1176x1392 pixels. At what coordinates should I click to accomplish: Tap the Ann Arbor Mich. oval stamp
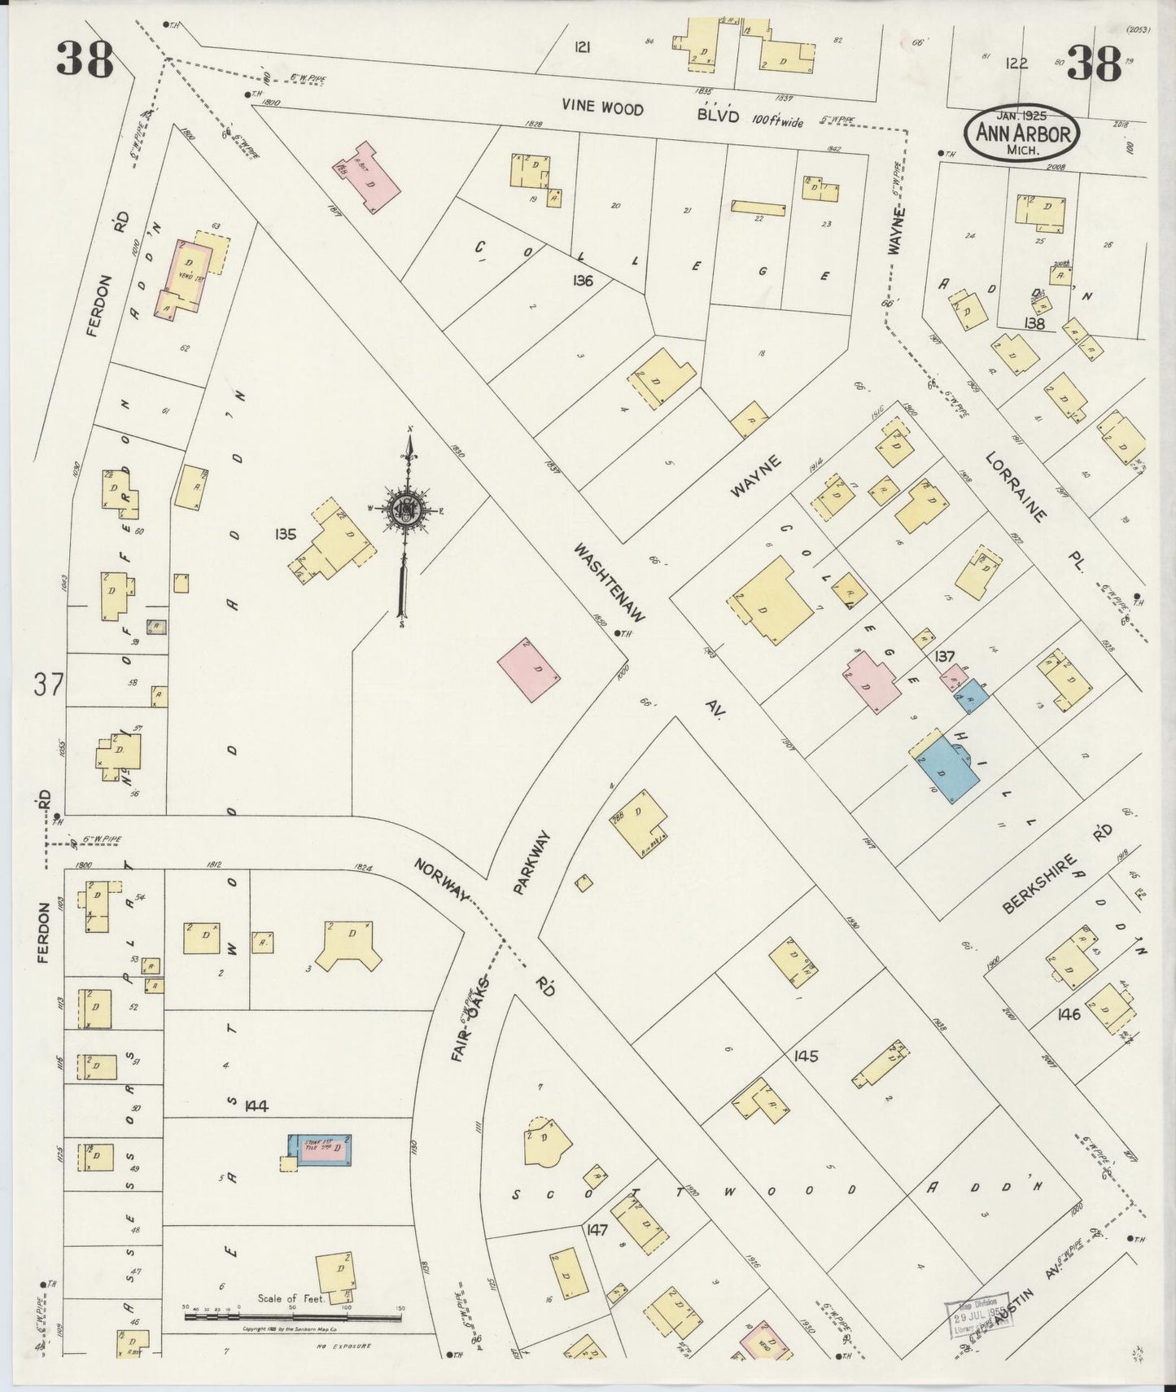click(1022, 132)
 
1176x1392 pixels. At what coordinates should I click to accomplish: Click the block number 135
click(286, 535)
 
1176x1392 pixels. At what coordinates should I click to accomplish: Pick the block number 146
click(1068, 1014)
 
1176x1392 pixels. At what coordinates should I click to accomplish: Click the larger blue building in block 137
click(946, 768)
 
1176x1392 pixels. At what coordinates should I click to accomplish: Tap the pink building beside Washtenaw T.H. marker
click(529, 670)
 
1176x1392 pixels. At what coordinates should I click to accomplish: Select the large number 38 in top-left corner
click(85, 59)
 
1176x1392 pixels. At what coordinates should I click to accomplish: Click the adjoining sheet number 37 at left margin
click(48, 685)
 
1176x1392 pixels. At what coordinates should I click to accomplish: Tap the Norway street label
click(441, 881)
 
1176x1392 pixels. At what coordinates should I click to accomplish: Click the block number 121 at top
click(581, 47)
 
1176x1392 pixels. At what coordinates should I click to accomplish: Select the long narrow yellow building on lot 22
click(758, 208)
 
